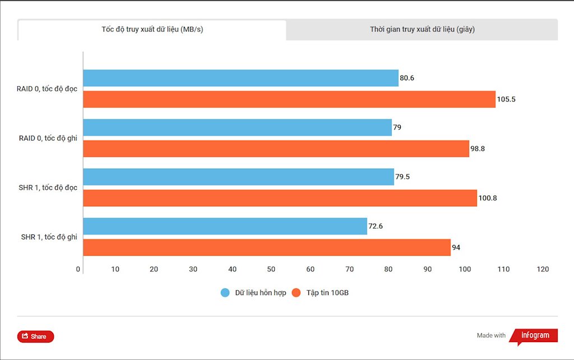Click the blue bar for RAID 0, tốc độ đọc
[240, 78]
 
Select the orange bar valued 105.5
[289, 99]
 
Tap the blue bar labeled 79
[237, 127]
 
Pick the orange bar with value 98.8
[276, 149]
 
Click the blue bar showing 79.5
[238, 177]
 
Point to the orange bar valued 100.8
[280, 198]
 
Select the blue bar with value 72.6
[225, 226]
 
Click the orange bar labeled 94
[267, 247]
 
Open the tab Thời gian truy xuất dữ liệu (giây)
[422, 30]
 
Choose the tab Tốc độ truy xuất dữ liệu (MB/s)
[152, 30]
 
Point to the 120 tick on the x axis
[543, 270]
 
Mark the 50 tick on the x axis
[271, 270]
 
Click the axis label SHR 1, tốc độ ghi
[49, 237]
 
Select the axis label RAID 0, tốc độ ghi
[48, 138]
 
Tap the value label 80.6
[407, 78]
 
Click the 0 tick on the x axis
[78, 270]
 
